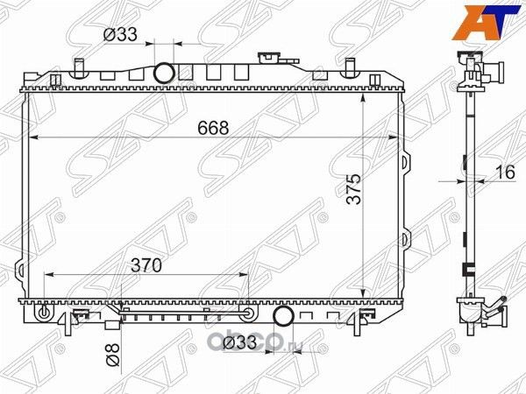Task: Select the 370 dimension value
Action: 145,265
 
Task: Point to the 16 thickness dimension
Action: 503,172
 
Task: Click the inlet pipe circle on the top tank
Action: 164,72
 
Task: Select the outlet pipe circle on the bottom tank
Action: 283,316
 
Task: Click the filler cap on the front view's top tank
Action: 267,58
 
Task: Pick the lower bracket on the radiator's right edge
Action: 405,238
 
